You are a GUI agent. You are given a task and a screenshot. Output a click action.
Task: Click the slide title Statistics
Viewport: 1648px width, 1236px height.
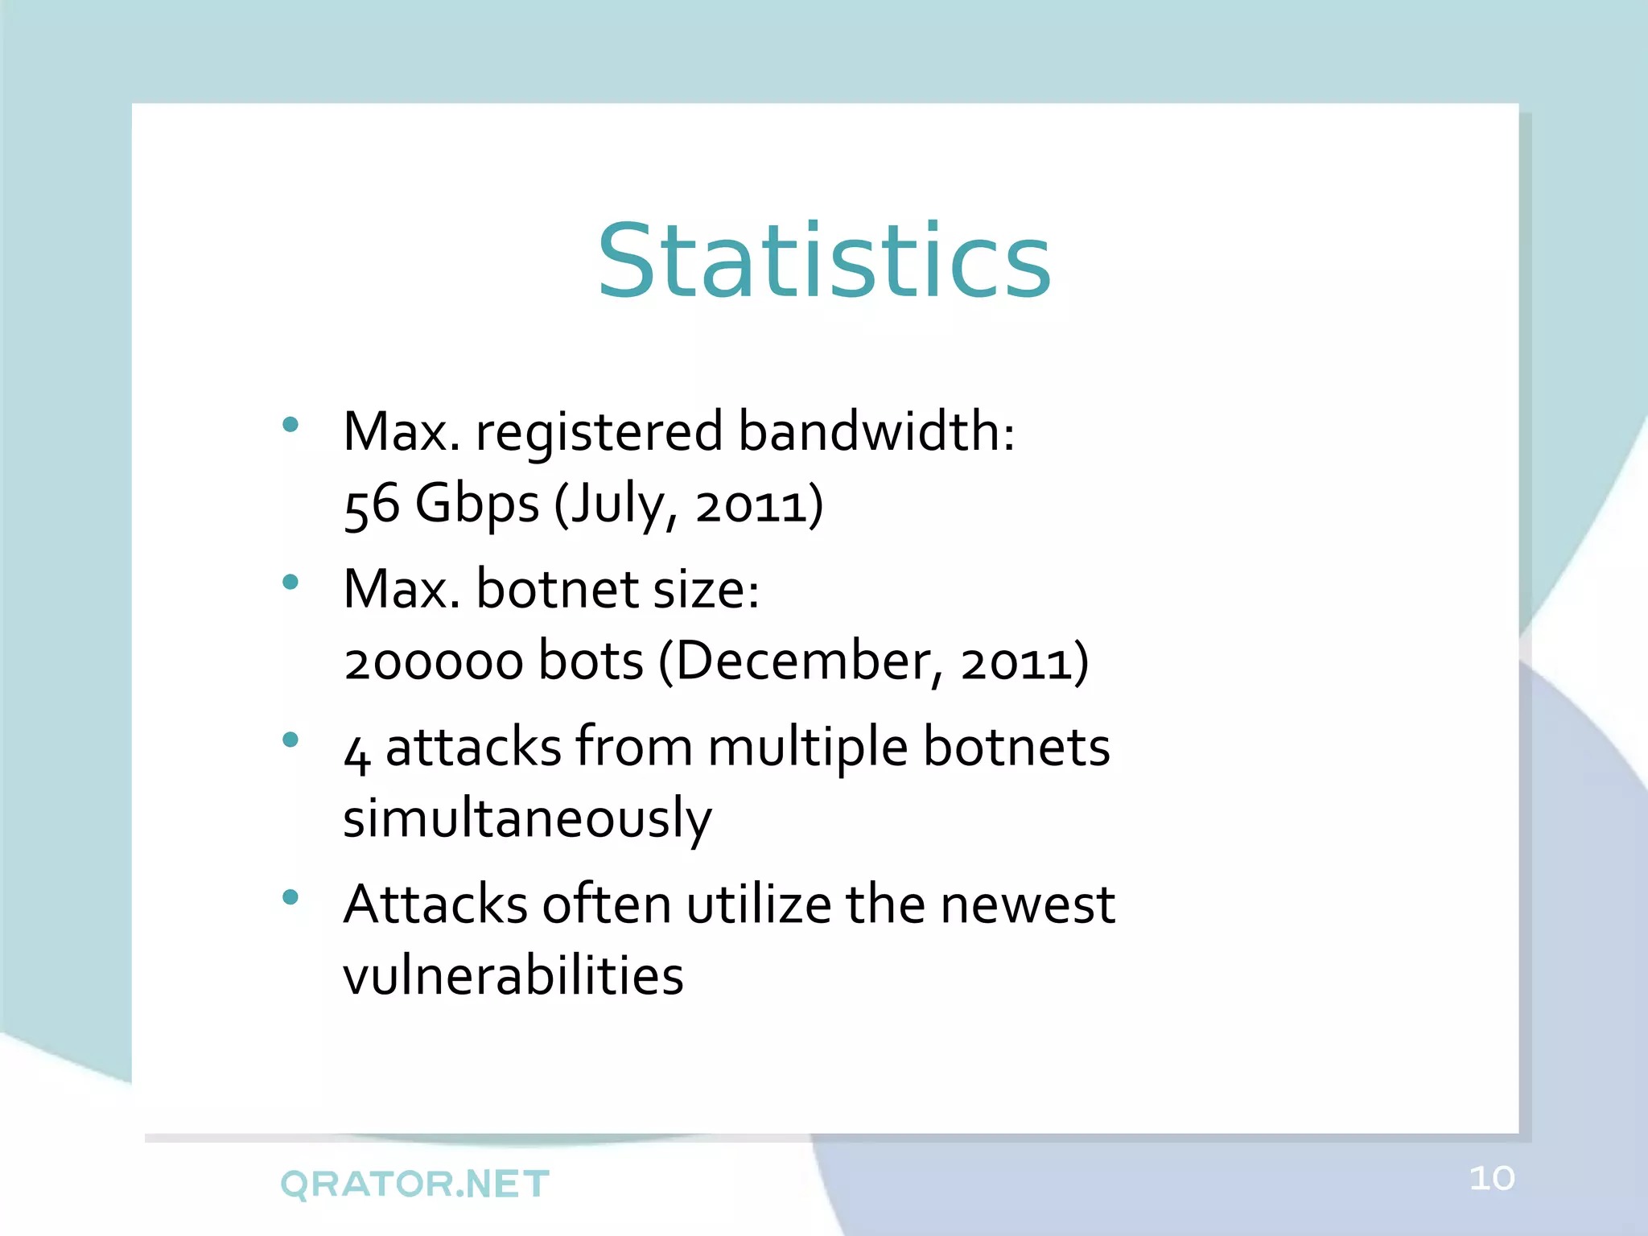[824, 262]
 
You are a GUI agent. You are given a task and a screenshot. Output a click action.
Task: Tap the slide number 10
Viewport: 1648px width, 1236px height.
[1492, 1179]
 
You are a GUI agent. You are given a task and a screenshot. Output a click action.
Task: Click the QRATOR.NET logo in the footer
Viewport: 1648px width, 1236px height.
[414, 1184]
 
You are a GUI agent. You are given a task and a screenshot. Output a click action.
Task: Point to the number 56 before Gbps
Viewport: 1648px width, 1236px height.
[371, 505]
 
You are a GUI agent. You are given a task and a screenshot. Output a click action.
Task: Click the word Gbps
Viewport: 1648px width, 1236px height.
[476, 505]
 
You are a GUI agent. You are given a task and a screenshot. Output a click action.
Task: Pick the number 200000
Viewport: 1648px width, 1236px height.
[433, 662]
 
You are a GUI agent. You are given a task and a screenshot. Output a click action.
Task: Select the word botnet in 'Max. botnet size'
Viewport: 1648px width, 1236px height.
[557, 588]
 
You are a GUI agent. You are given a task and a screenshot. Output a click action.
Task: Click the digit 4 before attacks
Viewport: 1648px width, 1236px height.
[356, 752]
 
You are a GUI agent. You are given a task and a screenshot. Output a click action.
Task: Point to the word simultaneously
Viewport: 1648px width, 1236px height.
[527, 819]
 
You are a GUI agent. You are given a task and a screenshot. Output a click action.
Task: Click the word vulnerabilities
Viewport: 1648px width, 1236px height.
[513, 975]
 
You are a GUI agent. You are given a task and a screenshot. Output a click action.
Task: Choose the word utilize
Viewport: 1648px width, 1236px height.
[758, 904]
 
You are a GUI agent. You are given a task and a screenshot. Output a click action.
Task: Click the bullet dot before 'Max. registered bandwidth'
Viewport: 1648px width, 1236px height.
[290, 424]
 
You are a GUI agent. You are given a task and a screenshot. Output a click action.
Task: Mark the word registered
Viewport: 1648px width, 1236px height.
[599, 432]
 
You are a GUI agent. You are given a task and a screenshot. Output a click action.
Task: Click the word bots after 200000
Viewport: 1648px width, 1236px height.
[591, 661]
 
